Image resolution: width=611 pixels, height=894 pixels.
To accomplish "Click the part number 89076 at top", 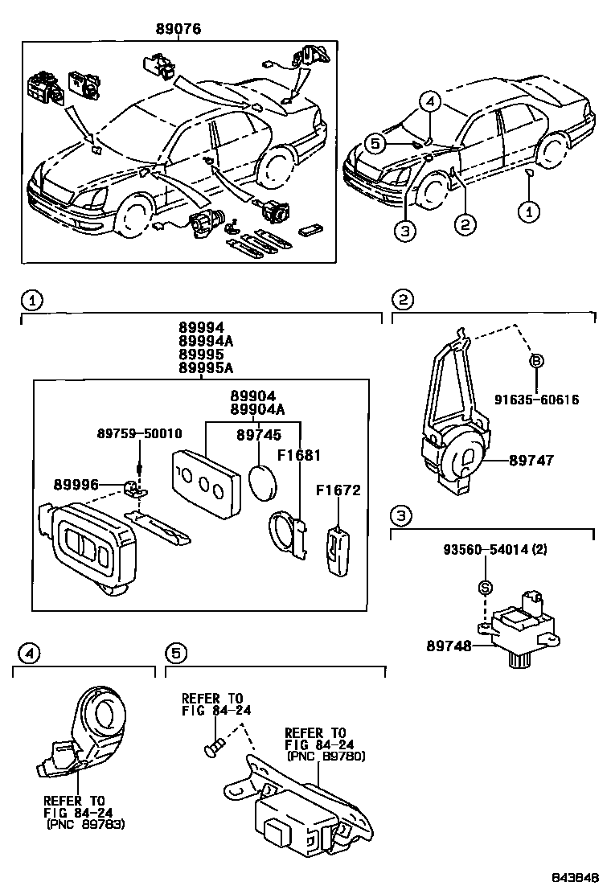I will pyautogui.click(x=178, y=29).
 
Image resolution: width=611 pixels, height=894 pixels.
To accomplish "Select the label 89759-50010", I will pyautogui.click(x=141, y=434).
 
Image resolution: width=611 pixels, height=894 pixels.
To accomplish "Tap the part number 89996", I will pyautogui.click(x=77, y=485).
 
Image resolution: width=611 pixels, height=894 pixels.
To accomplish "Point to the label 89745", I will pyautogui.click(x=258, y=434).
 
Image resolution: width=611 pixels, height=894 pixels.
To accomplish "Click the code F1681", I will pyautogui.click(x=299, y=456).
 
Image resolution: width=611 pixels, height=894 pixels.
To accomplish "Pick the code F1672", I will pyautogui.click(x=338, y=490).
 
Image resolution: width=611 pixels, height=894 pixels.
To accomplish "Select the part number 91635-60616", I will pyautogui.click(x=537, y=400).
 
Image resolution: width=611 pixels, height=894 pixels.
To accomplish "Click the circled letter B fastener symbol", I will pyautogui.click(x=535, y=362).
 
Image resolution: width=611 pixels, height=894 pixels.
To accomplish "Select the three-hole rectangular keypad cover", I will pyautogui.click(x=207, y=483).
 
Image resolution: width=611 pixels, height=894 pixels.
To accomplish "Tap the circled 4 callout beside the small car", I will pyautogui.click(x=430, y=102).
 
